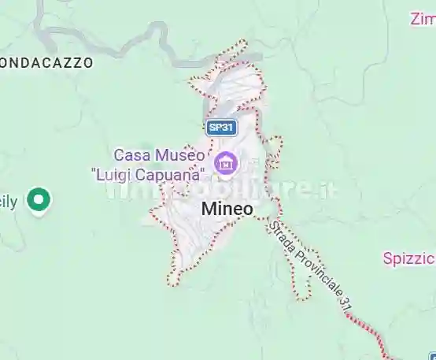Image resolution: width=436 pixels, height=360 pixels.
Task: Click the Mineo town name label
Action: point(227,209)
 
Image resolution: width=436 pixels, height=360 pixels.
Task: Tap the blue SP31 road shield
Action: point(221,127)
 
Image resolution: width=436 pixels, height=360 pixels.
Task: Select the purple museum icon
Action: point(227,163)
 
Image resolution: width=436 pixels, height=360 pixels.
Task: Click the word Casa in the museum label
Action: point(131,154)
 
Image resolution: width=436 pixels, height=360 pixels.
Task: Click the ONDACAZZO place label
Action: point(47,61)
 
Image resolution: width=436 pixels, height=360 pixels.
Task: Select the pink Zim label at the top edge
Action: point(422,18)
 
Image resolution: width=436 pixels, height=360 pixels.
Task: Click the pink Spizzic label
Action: point(409,258)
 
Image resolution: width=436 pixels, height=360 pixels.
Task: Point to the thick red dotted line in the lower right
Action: point(370,331)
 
